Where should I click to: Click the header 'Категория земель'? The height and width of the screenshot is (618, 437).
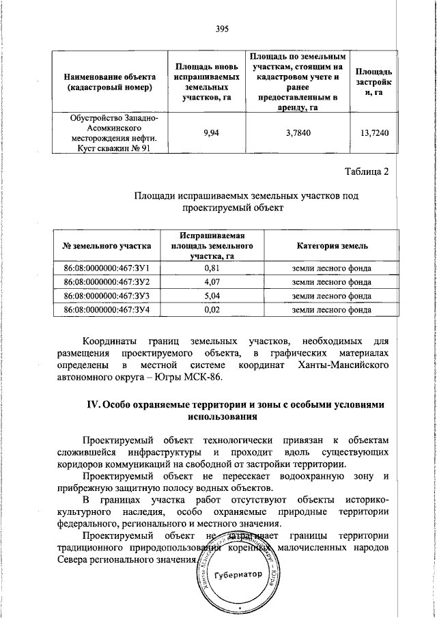click(x=331, y=246)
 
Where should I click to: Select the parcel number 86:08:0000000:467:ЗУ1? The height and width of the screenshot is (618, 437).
click(x=107, y=268)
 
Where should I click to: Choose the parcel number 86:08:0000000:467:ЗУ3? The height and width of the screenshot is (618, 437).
click(x=107, y=296)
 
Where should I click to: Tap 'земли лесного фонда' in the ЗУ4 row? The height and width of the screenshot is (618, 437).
click(x=331, y=309)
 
